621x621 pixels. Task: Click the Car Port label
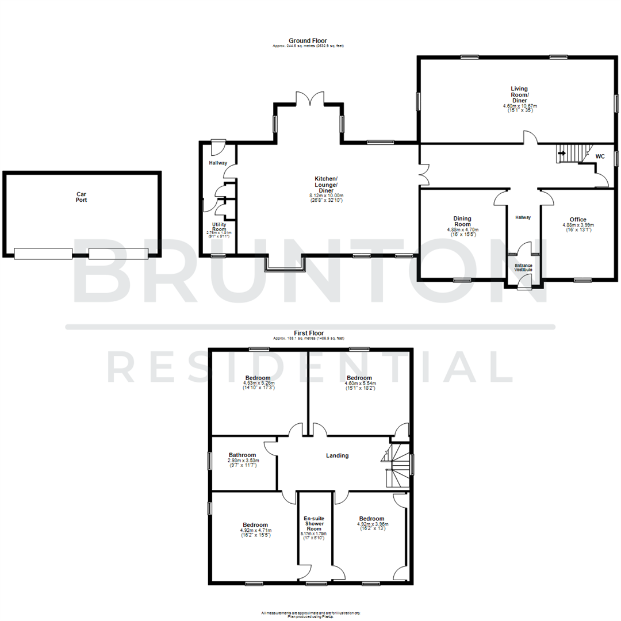pyautogui.click(x=82, y=197)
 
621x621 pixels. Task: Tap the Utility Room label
pyautogui.click(x=218, y=227)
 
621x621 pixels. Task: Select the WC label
pyautogui.click(x=600, y=156)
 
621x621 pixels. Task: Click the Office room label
pyautogui.click(x=578, y=220)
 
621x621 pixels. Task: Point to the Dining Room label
pyautogui.click(x=462, y=221)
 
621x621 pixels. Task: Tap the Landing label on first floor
pyautogui.click(x=337, y=456)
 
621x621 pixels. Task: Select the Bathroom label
pyautogui.click(x=242, y=454)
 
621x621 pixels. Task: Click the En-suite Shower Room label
pyautogui.click(x=313, y=523)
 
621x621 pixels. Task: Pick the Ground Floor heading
pyautogui.click(x=309, y=40)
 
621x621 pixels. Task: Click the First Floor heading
pyautogui.click(x=309, y=333)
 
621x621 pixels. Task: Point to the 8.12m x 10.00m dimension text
pyautogui.click(x=326, y=196)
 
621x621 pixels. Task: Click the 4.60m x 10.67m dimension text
pyautogui.click(x=520, y=106)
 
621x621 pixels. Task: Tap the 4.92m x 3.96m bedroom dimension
pyautogui.click(x=372, y=524)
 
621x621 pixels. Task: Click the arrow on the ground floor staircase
pyautogui.click(x=562, y=154)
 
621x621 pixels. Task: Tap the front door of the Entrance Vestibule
pyautogui.click(x=524, y=281)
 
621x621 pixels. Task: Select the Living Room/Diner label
pyautogui.click(x=520, y=95)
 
